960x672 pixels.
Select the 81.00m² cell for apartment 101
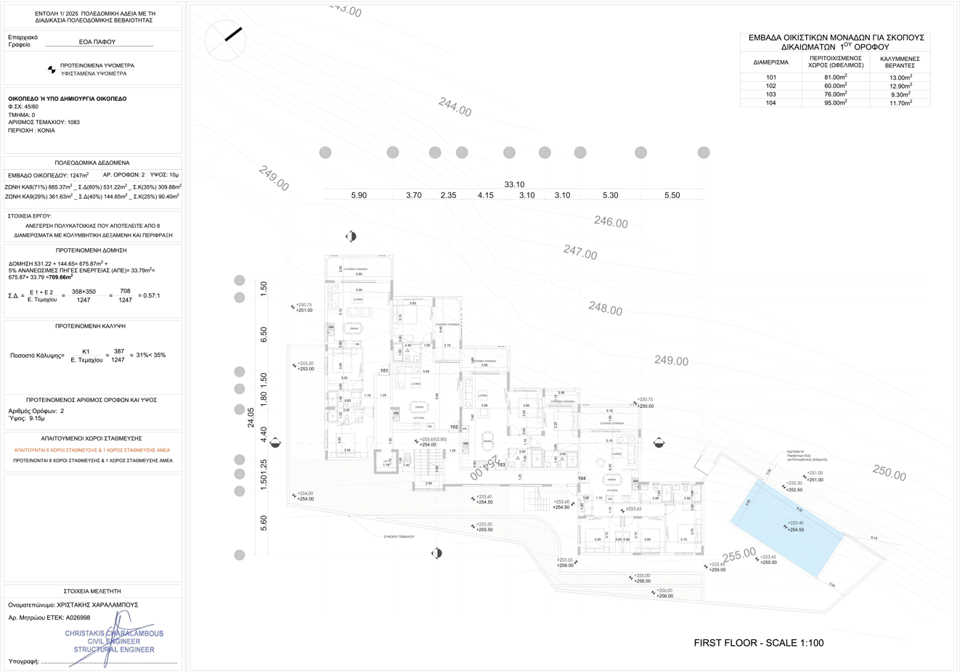tap(835, 77)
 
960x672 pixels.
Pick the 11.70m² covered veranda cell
tap(900, 103)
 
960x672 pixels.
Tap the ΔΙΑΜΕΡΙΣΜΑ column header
tap(770, 62)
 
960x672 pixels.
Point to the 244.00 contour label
tap(455, 107)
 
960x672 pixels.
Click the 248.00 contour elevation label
tap(605, 309)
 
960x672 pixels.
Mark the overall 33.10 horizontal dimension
tap(514, 184)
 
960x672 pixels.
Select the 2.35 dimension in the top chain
tap(448, 195)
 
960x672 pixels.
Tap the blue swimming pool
tap(786, 525)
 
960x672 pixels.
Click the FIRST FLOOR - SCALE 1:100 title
tap(759, 643)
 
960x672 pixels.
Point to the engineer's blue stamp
tap(114, 641)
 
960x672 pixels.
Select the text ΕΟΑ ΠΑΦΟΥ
tap(97, 42)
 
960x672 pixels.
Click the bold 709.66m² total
tap(60, 277)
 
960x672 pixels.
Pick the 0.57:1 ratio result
tap(149, 295)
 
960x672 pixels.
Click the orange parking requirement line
tap(91, 450)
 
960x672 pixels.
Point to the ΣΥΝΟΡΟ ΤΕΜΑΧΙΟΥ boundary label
tap(399, 537)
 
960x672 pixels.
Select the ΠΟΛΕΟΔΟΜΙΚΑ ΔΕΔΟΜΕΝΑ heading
tap(92, 163)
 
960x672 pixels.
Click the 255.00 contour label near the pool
tap(739, 555)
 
